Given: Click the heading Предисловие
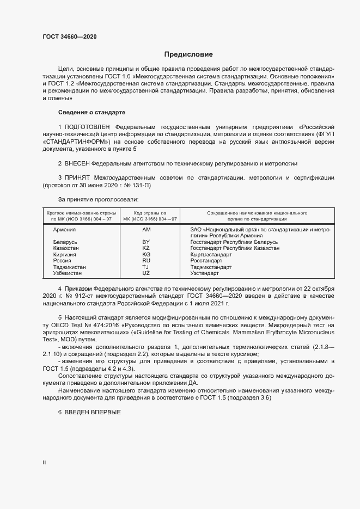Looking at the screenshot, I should pyautogui.click(x=188, y=54).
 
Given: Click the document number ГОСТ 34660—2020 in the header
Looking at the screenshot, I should pyautogui.click(x=70, y=37).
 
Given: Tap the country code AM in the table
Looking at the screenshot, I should pyautogui.click(x=146, y=230).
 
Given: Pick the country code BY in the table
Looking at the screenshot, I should pyautogui.click(x=146, y=241).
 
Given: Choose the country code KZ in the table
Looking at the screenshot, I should pyautogui.click(x=146, y=248).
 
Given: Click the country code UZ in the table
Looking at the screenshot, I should pyautogui.click(x=146, y=274).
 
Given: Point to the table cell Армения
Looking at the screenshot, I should pyautogui.click(x=65, y=230).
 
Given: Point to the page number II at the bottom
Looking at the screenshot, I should pyautogui.click(x=44, y=462).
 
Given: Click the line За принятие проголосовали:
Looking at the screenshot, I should pyautogui.click(x=94, y=200).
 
